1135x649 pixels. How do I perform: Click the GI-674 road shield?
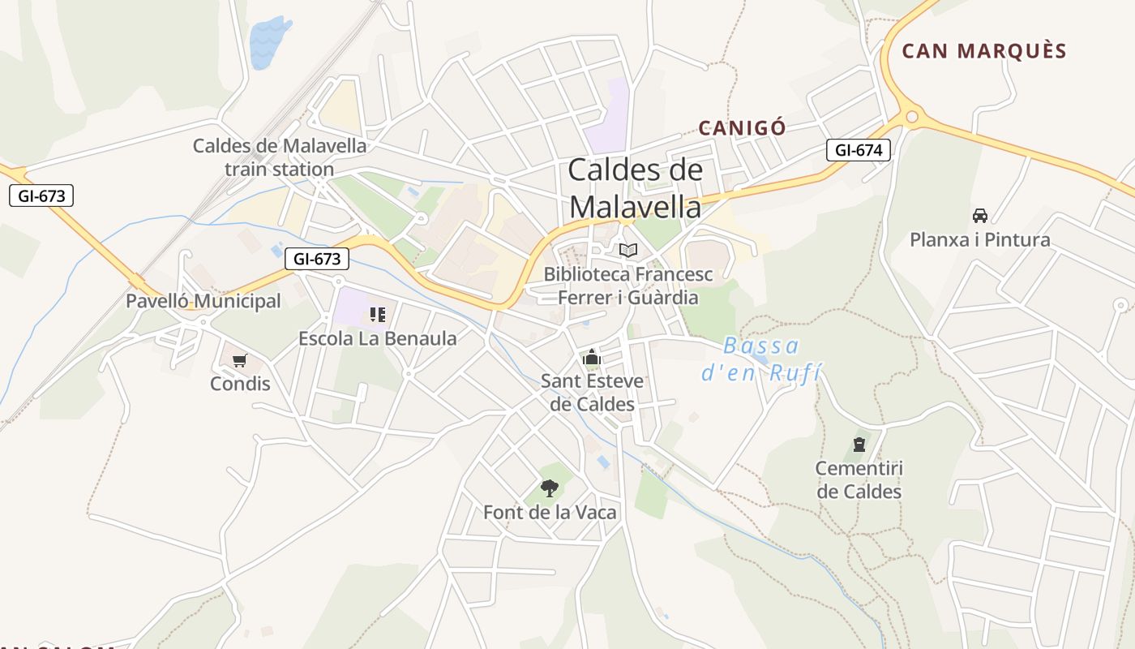pos(859,150)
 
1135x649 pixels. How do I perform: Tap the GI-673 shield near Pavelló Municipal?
pos(317,259)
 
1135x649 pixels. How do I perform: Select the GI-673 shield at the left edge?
pos(41,196)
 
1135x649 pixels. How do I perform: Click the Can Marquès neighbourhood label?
pos(984,51)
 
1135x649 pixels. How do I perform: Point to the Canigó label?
pos(742,127)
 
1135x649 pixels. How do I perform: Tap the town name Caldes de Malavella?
pos(635,188)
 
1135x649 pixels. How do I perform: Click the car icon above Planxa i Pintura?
pos(980,216)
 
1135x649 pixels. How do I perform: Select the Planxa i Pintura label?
pos(980,240)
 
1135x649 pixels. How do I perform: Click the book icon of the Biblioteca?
pos(628,250)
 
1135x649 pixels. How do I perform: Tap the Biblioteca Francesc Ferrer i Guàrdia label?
pos(628,286)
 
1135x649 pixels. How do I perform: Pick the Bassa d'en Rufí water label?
pos(760,359)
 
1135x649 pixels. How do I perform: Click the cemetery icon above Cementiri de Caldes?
pos(859,445)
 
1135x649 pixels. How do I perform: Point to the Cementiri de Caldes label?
pos(859,480)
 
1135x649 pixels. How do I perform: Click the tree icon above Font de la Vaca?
pos(550,488)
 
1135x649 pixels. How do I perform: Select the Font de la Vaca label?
pos(550,513)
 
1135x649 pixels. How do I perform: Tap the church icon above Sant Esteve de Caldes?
pos(592,358)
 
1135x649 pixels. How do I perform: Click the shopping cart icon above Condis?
pos(239,360)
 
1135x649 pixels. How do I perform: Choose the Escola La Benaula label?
pos(378,338)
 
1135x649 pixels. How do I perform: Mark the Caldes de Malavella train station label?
pos(280,158)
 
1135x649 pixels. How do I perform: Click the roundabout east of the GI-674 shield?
pos(912,118)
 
